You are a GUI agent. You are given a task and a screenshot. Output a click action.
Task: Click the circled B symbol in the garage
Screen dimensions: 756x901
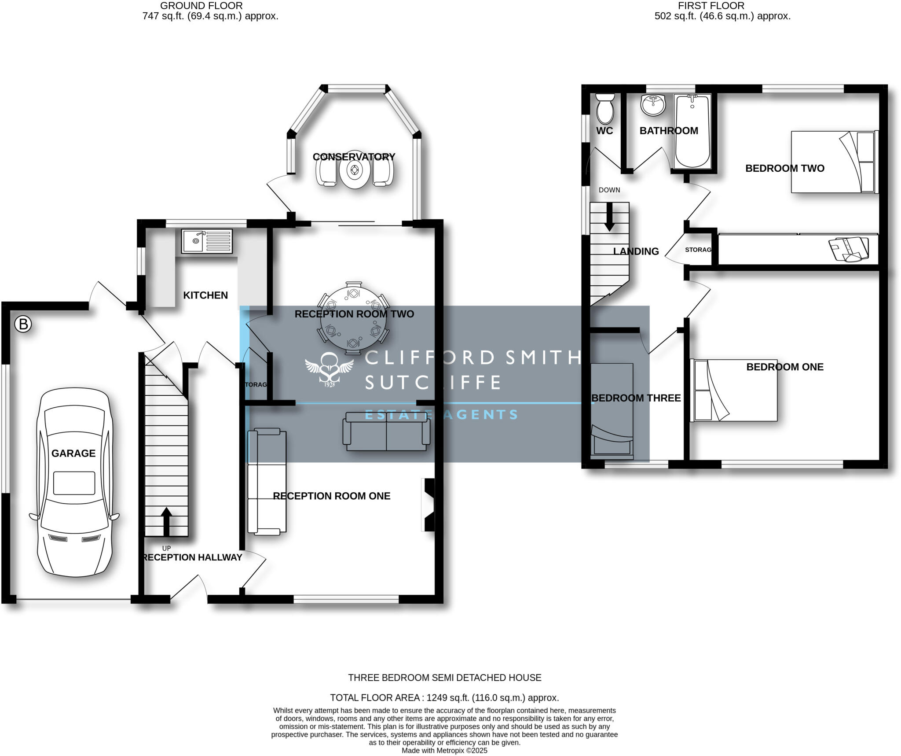(x=23, y=325)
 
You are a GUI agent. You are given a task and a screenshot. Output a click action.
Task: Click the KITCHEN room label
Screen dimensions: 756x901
(x=205, y=295)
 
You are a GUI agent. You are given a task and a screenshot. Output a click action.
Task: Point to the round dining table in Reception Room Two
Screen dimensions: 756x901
(x=353, y=318)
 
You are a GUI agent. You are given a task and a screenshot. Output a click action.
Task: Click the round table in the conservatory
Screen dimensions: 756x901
(x=354, y=172)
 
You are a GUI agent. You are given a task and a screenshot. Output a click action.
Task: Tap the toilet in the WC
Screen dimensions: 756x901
(x=605, y=108)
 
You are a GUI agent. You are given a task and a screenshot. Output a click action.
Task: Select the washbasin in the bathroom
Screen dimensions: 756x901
(x=653, y=105)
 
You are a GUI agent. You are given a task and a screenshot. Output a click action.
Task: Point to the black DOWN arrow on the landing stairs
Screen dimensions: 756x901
(x=609, y=217)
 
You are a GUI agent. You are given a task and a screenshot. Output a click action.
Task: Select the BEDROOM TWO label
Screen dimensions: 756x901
(x=784, y=168)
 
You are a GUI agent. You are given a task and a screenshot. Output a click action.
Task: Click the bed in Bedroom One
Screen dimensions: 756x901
(x=733, y=390)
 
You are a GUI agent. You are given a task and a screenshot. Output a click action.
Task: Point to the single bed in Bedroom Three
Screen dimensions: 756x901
(x=612, y=409)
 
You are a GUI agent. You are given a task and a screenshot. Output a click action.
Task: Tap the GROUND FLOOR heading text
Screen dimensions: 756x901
(x=201, y=6)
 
